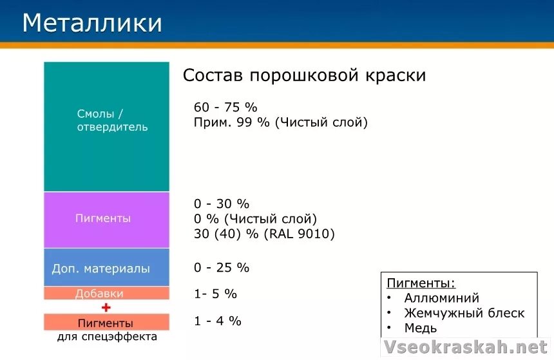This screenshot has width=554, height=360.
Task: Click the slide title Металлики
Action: (x=91, y=24)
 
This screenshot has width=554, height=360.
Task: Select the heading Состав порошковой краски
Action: (x=304, y=75)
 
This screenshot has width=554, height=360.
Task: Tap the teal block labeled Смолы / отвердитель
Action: (x=106, y=126)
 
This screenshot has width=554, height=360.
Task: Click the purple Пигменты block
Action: (x=106, y=219)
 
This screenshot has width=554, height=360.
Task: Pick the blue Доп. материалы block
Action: (x=106, y=268)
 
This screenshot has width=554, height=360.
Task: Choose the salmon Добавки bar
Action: (x=106, y=294)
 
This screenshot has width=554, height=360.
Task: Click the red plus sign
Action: (x=106, y=308)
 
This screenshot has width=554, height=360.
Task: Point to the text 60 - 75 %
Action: (x=225, y=108)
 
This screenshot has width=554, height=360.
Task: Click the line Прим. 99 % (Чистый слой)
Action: (x=280, y=122)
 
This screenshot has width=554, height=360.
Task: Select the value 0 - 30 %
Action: (x=221, y=204)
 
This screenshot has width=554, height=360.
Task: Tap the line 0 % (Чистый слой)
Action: (x=255, y=219)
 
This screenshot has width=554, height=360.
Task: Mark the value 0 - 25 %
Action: (x=221, y=267)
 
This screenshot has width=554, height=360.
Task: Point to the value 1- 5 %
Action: (x=215, y=294)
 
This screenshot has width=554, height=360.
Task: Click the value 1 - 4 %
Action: (x=217, y=321)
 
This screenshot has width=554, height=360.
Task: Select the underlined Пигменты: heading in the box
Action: (x=421, y=283)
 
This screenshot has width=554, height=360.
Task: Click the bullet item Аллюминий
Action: (x=441, y=298)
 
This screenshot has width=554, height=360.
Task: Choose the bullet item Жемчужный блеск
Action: (x=464, y=314)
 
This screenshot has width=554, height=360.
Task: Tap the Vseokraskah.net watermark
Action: (x=465, y=347)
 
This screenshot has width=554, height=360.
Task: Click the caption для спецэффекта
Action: (x=107, y=337)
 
